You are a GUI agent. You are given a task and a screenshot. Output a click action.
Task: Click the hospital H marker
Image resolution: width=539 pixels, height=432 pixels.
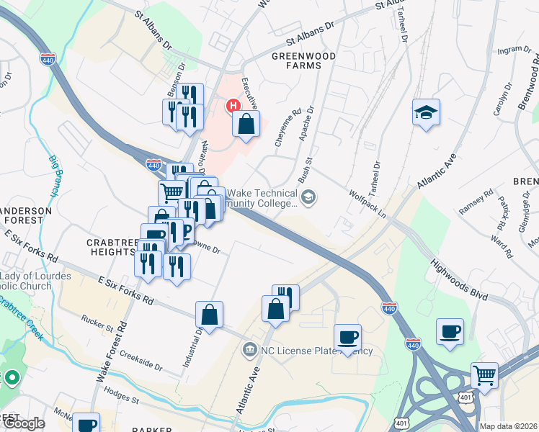(x=233, y=106)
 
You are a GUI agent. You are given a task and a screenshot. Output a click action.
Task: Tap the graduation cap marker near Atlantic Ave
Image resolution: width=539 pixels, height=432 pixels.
(x=426, y=112)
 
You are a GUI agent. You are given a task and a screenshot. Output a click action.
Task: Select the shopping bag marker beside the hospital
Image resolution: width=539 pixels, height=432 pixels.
(x=246, y=123)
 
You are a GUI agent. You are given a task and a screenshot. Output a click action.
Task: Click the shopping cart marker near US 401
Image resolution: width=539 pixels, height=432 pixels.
(x=484, y=375)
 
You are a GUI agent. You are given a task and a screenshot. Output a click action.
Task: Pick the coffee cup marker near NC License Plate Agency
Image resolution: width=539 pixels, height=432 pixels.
(x=347, y=337)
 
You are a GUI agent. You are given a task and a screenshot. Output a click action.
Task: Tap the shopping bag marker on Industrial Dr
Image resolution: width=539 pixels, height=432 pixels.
(x=209, y=315)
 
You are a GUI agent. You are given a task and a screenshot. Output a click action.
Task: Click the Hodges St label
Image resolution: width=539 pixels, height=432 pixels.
(x=120, y=398)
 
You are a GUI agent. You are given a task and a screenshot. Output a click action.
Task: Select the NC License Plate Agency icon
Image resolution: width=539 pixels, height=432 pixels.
(x=249, y=350)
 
